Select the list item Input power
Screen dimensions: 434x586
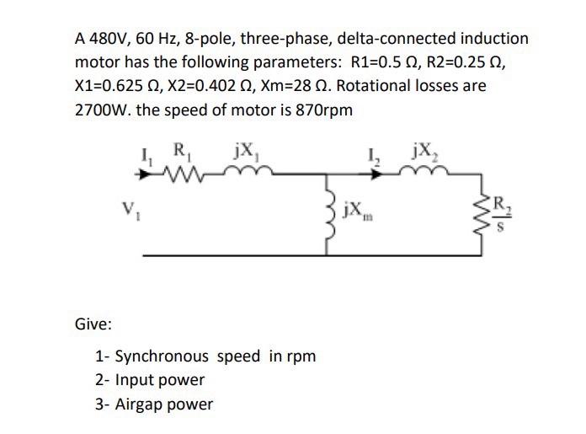point(150,379)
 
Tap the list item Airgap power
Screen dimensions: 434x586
point(154,404)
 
